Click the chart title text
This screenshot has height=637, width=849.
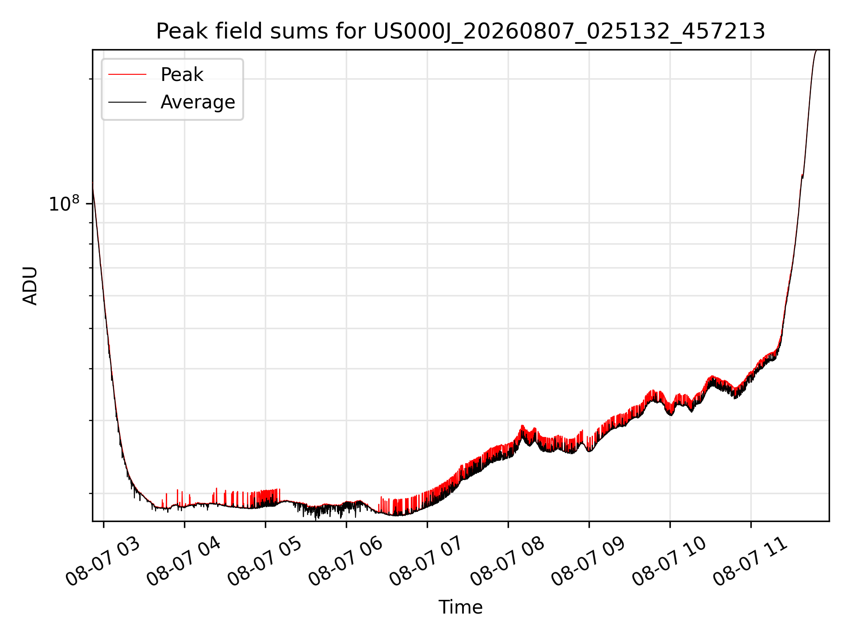[460, 31]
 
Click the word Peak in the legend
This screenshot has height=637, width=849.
[182, 75]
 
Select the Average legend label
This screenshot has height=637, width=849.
[198, 102]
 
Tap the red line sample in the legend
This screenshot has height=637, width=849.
[127, 75]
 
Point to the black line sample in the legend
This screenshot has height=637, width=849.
[127, 102]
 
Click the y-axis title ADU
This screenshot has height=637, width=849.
[30, 285]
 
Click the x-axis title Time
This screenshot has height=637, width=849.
[460, 607]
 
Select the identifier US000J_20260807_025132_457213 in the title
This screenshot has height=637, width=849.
[570, 32]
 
